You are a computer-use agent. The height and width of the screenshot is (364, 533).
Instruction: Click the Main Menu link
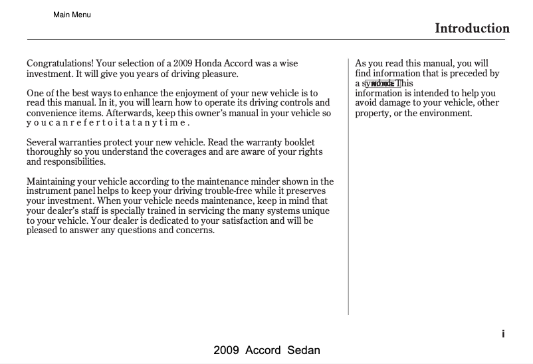pyautogui.click(x=72, y=15)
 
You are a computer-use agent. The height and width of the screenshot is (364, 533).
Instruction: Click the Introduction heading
pyautogui.click(x=472, y=28)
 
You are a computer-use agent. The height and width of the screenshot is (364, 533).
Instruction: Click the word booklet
pyautogui.click(x=297, y=142)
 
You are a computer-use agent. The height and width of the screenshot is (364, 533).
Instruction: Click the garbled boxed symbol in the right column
pyautogui.click(x=382, y=84)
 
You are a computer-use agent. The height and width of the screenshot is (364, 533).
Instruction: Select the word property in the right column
pyautogui.click(x=373, y=113)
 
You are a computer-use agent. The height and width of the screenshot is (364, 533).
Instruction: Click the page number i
pyautogui.click(x=504, y=334)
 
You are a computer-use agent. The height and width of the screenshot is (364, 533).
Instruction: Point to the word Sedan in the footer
pyautogui.click(x=303, y=350)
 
